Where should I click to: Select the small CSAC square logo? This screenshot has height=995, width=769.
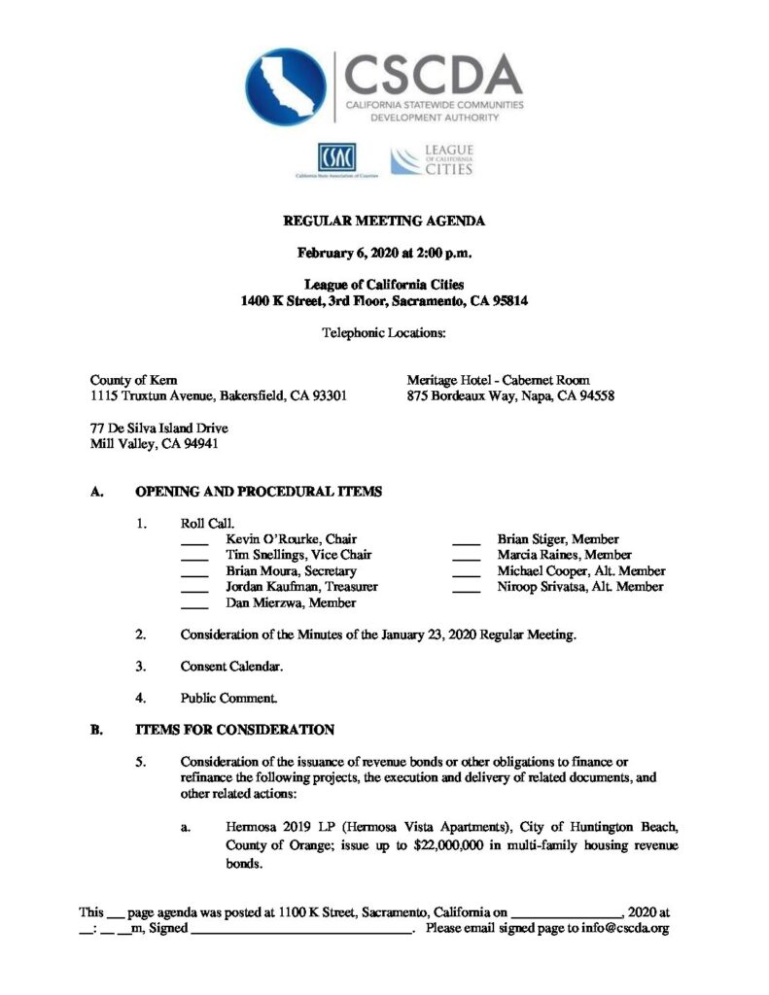click(x=336, y=156)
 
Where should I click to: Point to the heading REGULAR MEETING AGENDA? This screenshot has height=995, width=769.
click(x=384, y=222)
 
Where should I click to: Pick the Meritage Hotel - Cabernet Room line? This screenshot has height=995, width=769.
click(x=499, y=379)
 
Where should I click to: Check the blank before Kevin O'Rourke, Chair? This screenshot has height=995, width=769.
click(x=194, y=540)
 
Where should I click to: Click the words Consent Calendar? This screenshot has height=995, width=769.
click(x=232, y=667)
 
